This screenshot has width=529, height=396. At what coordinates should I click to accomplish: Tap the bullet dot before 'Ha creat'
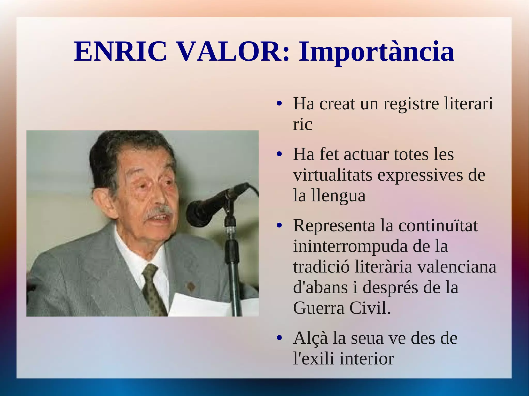(279, 104)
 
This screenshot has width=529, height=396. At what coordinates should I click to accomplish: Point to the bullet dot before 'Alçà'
(279, 338)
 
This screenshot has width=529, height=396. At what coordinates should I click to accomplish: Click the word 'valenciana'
(457, 267)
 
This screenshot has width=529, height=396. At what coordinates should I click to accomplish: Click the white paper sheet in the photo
(199, 306)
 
